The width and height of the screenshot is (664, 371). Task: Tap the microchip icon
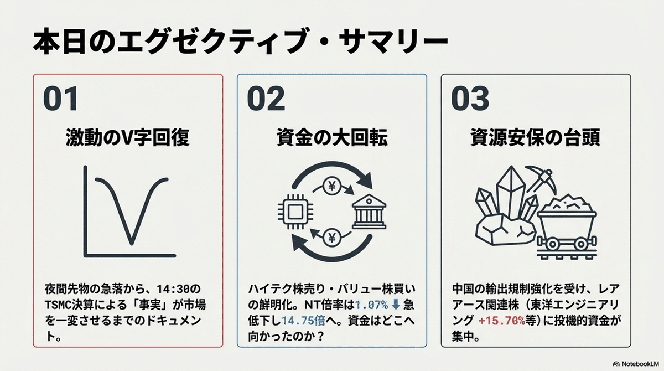click(x=291, y=210)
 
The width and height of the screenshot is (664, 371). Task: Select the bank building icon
click(x=370, y=210)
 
